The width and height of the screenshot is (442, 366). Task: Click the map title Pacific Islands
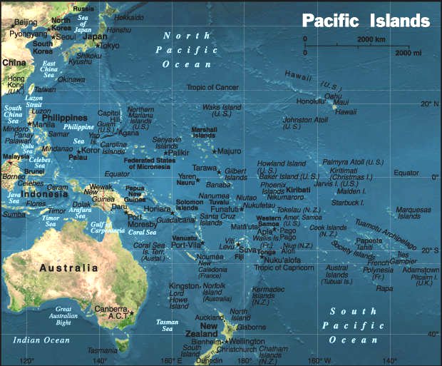pos(366,20)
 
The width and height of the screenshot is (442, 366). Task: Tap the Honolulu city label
pos(311,101)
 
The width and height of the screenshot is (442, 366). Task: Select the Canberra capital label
pos(109,309)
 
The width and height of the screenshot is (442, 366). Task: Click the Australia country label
pos(68,268)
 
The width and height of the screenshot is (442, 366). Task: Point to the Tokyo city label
pos(109,45)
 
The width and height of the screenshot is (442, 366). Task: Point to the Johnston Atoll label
pos(305,123)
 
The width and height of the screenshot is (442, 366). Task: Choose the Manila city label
pos(43,124)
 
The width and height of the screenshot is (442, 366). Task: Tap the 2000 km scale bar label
pos(371,39)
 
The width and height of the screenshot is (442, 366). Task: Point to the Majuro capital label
pos(230,151)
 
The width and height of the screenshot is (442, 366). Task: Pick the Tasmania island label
pos(102,350)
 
